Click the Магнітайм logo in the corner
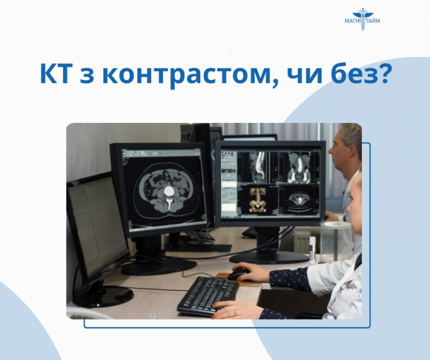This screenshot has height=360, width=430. click(x=363, y=19)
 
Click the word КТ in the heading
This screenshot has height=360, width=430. click(x=57, y=74)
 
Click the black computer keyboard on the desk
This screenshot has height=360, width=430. click(x=207, y=296)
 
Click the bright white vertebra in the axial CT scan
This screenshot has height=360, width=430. click(x=169, y=191)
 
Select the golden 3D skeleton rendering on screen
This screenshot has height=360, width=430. click(x=257, y=200)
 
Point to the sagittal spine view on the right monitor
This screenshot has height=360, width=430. click(x=258, y=167)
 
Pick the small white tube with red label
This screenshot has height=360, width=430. click(x=312, y=249)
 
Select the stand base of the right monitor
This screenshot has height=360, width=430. click(x=269, y=258)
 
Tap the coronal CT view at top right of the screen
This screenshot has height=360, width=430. click(x=299, y=167)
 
